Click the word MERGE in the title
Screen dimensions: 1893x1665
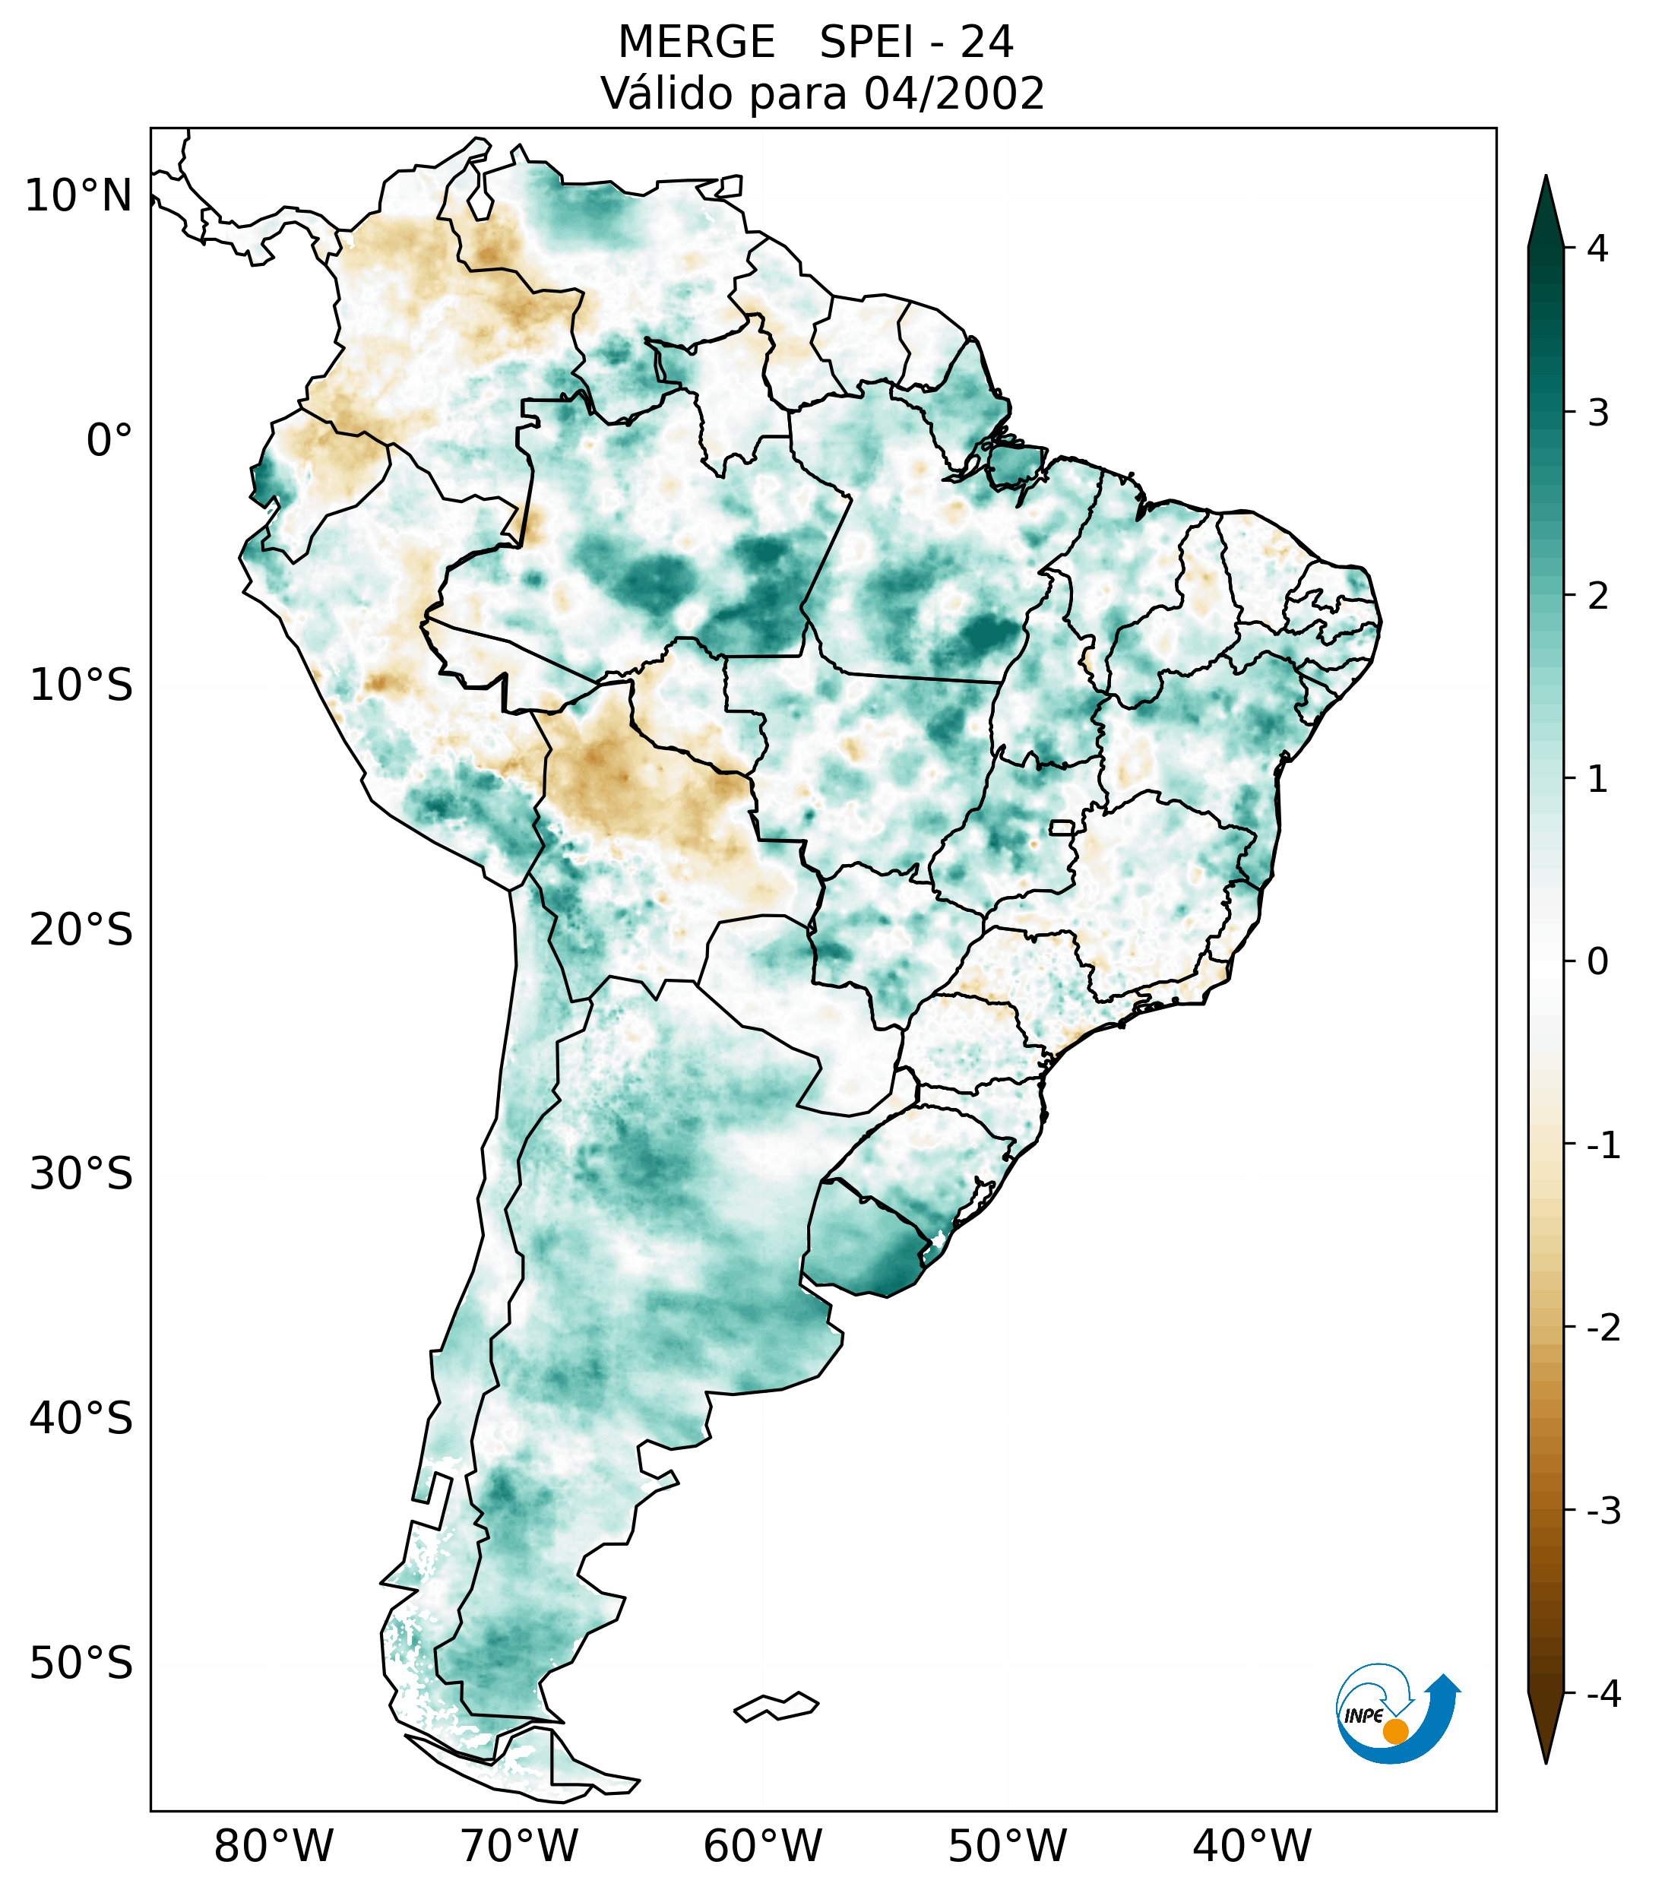695,43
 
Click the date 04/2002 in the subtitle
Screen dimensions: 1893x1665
954,93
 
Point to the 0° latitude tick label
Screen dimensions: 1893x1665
109,441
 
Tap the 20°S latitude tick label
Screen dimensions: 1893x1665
81,930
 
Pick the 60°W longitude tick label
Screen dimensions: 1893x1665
762,1846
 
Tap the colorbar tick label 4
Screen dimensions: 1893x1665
1597,248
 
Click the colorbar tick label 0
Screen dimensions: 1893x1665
1597,962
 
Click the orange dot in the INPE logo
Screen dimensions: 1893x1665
1395,1731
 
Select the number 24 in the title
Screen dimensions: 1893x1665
986,43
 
